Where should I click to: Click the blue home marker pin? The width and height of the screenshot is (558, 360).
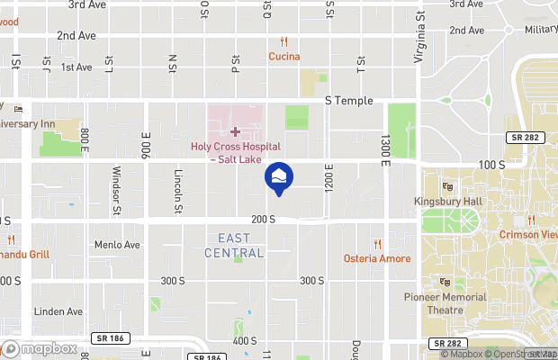coord(278,176)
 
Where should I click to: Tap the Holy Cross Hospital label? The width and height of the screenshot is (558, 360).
coord(235,152)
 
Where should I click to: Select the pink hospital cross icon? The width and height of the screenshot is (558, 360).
coord(235,132)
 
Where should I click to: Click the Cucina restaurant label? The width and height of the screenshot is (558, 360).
coord(283,57)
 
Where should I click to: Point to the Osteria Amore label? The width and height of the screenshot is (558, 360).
coord(377,258)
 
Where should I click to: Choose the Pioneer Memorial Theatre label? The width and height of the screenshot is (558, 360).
coord(444,302)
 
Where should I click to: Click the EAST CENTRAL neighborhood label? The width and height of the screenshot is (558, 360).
coord(241,246)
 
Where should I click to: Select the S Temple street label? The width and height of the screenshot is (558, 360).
coord(348,100)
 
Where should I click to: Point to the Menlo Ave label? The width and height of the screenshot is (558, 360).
coord(118,244)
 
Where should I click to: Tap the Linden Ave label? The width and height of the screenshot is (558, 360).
coord(58,311)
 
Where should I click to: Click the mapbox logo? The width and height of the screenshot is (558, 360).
coord(40,348)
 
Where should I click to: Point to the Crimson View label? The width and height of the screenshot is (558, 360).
coord(528,235)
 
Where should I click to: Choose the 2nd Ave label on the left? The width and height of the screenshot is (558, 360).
coord(76,36)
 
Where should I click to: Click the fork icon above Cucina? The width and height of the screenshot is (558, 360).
coord(283,41)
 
